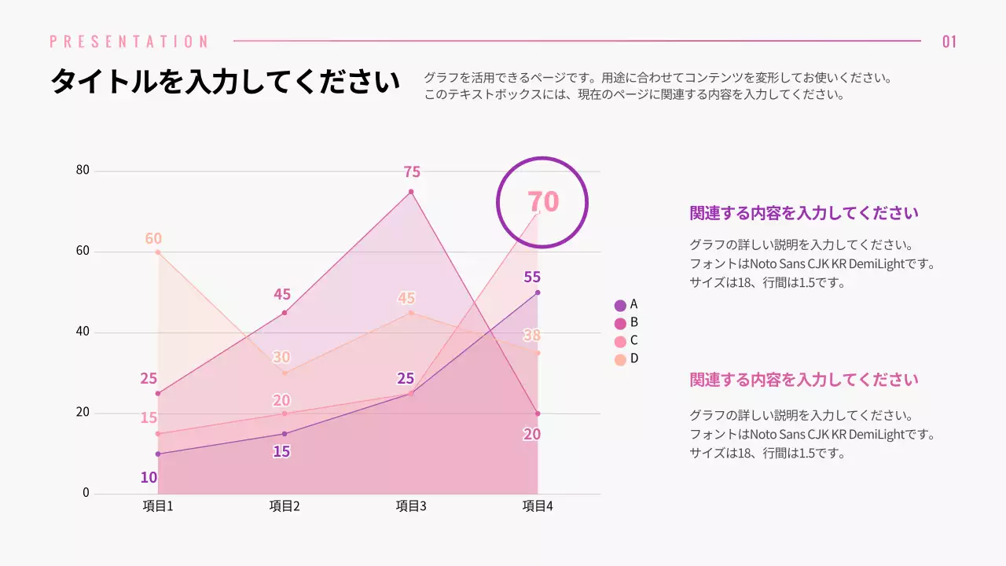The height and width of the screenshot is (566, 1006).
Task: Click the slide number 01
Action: coord(949,42)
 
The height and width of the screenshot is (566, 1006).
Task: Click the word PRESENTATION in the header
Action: coord(130,42)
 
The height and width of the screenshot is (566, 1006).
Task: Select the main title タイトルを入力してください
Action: coord(225,82)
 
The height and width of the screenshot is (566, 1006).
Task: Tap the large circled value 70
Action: coord(542,202)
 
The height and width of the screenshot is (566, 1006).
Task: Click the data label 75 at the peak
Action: coord(412,172)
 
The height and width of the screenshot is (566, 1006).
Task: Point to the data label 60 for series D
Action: coord(153,239)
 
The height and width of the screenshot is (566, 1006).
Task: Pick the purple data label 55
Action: coord(532,277)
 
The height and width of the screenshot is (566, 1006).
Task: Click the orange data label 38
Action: coord(532,336)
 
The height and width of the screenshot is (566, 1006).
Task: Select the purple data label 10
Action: coord(149,477)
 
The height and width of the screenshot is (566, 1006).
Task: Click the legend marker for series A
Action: coord(620,306)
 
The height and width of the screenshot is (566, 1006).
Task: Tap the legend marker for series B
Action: coord(620,323)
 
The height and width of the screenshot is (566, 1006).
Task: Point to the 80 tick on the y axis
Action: coord(83,171)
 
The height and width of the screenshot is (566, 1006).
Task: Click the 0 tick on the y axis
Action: coord(86,493)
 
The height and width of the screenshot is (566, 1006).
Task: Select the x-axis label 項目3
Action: coord(411,506)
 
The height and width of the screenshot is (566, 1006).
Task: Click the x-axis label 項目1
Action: coord(158,506)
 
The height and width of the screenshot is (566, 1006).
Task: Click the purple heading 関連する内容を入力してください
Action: coord(804,213)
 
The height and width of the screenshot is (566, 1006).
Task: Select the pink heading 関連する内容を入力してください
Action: coord(804,380)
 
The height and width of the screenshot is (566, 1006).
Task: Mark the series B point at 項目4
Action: coord(538,413)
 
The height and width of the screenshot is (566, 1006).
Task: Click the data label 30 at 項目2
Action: coord(281,358)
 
